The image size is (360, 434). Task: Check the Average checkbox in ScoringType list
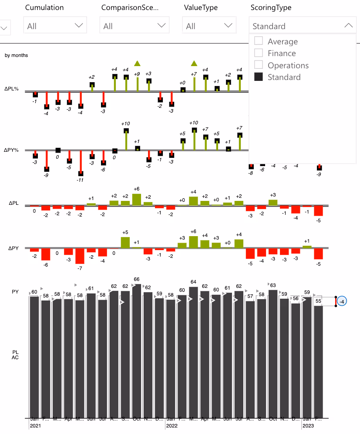tap(259, 41)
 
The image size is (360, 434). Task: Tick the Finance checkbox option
tap(259, 53)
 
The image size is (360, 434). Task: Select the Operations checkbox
tap(259, 65)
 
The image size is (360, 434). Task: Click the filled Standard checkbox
tap(259, 77)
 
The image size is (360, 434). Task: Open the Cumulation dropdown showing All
tap(55, 26)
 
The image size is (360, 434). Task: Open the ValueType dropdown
tap(209, 26)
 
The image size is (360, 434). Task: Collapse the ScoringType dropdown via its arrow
tap(348, 26)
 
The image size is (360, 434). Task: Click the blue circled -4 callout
tap(342, 301)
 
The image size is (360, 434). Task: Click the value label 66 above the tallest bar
tap(137, 280)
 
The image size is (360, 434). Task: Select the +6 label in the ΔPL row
tap(137, 189)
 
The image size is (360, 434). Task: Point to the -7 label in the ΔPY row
tap(80, 268)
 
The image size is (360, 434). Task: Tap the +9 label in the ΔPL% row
tap(137, 74)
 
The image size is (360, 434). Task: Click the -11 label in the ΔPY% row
tap(80, 180)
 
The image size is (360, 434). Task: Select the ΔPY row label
tap(13, 248)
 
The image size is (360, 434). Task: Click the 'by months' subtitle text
tap(17, 56)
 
